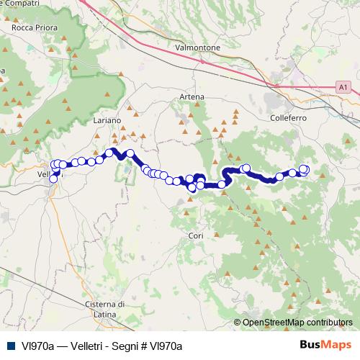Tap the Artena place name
coord(192,96)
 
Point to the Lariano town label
coord(107,121)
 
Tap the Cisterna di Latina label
coord(105,308)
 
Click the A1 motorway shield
coord(343,87)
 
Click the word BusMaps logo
coord(324,345)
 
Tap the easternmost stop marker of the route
coord(303,170)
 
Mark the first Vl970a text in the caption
coord(37,346)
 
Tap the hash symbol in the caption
coord(145,346)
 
